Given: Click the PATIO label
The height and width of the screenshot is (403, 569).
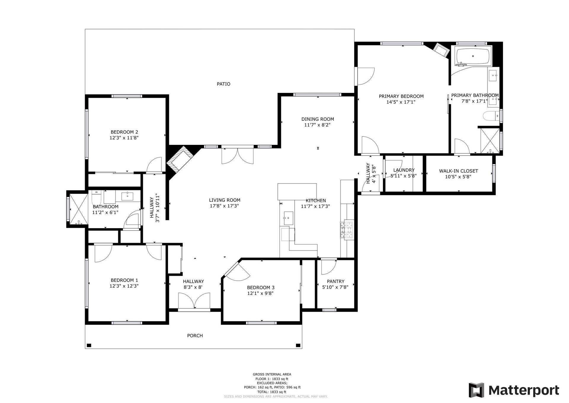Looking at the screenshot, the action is click(223, 84).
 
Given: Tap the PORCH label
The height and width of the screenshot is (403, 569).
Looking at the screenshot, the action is click(195, 336).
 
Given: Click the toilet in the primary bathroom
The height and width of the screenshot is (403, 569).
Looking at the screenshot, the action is click(491, 116).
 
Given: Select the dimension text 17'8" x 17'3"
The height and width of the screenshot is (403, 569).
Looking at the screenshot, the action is click(224, 206).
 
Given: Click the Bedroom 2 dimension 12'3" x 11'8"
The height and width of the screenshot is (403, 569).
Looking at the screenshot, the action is click(124, 138).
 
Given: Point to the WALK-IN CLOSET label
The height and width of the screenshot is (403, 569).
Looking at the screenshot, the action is click(458, 171).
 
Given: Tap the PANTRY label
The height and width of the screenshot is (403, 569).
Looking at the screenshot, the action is click(335, 281).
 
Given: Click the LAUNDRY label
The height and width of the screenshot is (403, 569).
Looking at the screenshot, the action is click(404, 170).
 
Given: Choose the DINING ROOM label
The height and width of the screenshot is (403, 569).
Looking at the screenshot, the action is click(317, 119).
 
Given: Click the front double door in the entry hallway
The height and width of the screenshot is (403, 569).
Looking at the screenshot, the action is click(194, 301).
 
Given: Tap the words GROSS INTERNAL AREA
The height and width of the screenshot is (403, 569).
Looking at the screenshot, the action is click(272, 374).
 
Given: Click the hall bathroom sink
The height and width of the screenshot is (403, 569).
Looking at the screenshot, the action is click(127, 196).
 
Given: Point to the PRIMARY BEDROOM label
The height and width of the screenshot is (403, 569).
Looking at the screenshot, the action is click(401, 96).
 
